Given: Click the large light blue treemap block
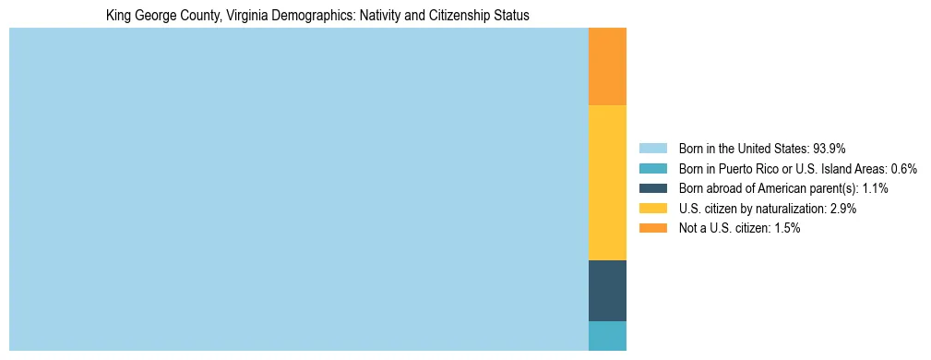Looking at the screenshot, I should tap(298, 189).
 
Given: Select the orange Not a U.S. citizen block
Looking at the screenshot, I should tap(607, 66).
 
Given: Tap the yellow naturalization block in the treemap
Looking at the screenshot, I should tap(607, 183).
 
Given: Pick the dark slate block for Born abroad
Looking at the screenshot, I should tap(607, 291).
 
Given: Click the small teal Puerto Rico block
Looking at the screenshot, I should tap(607, 336).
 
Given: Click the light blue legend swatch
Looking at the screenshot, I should tap(652, 149).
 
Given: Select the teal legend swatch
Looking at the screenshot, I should tap(652, 169).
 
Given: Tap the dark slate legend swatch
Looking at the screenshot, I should tap(652, 188).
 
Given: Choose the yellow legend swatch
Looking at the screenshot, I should tap(652, 209).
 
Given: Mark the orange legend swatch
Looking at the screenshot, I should tap(652, 229).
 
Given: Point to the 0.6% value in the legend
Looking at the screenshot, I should tap(903, 169).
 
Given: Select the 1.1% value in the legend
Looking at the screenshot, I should tap(875, 188).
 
